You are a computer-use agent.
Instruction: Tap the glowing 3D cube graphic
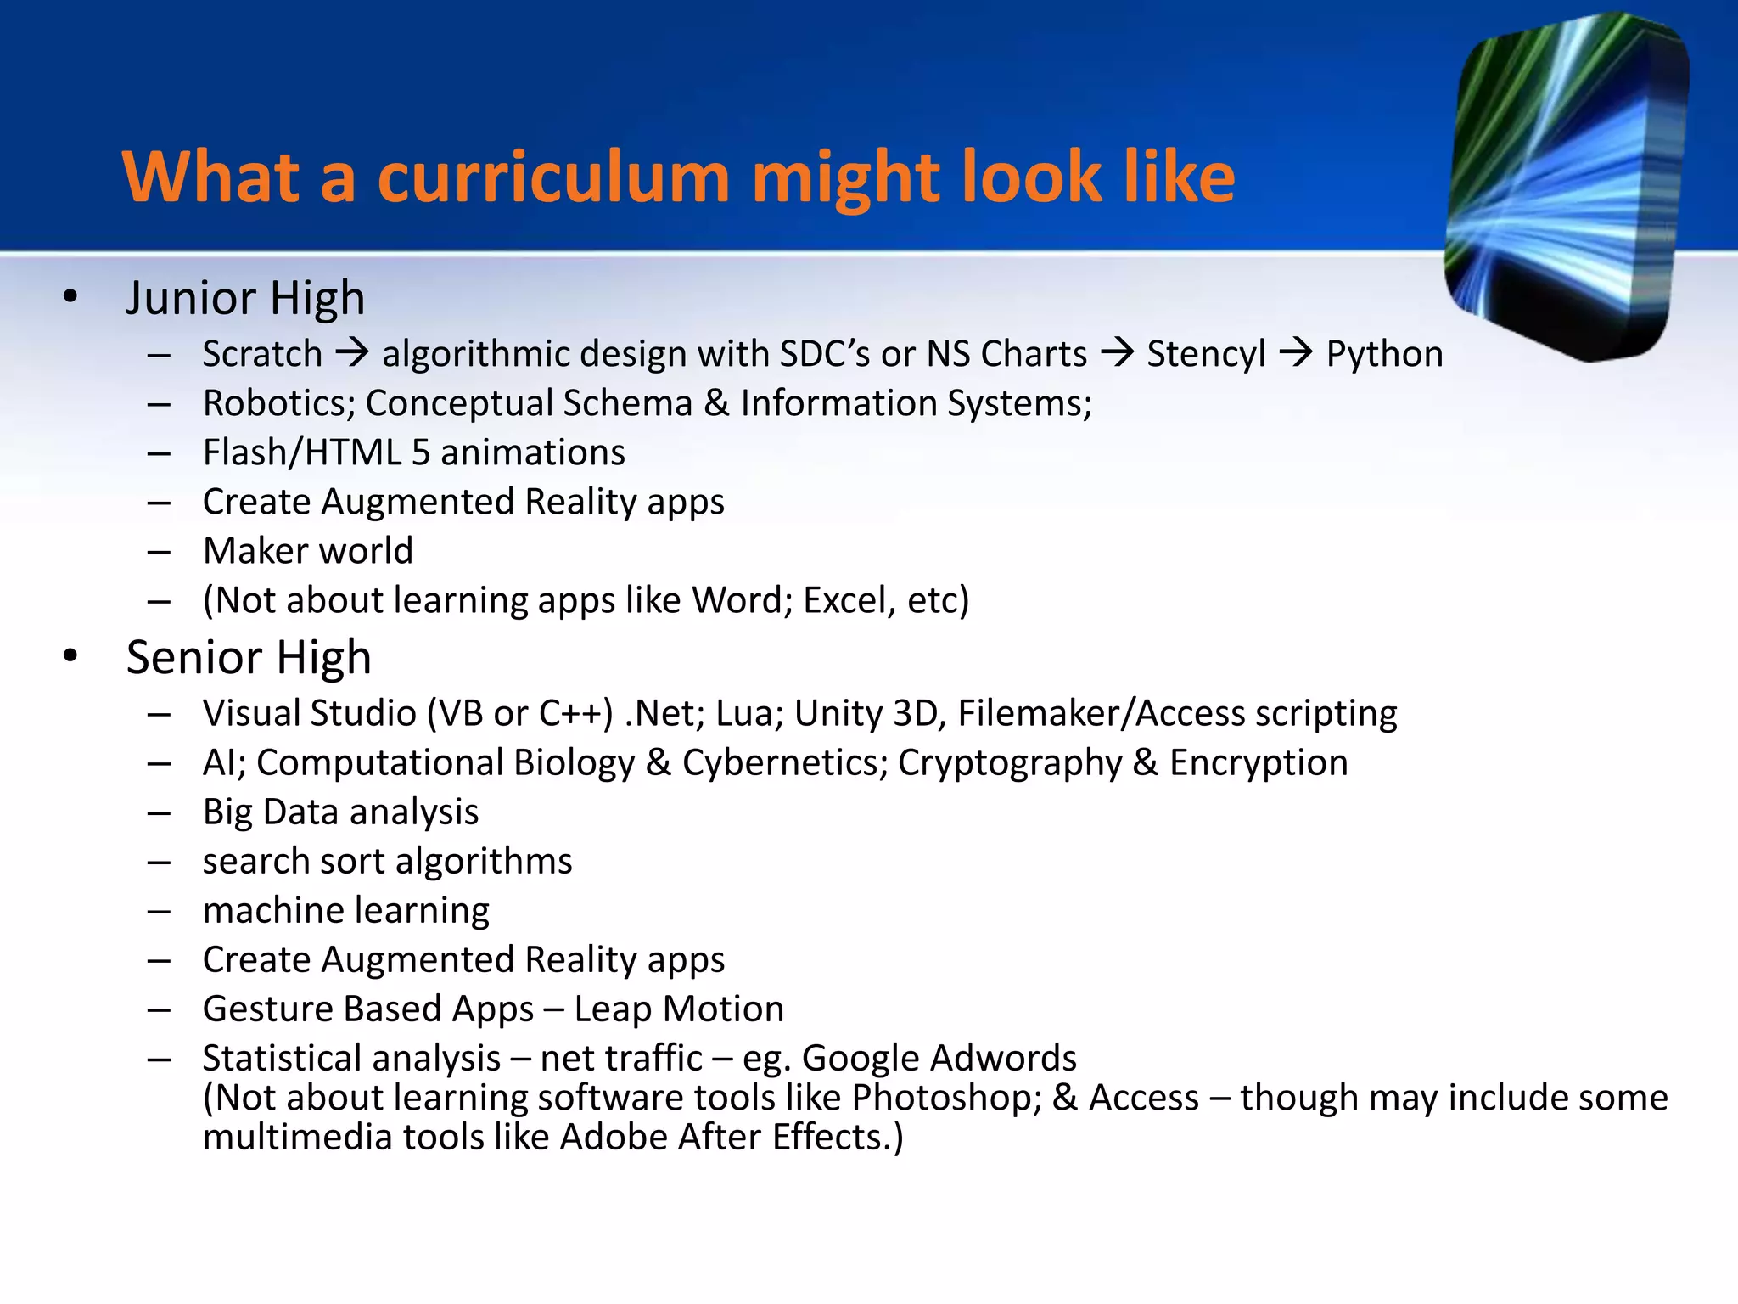click(x=1566, y=187)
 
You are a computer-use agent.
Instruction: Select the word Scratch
click(x=262, y=353)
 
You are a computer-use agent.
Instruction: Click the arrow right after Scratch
click(x=352, y=351)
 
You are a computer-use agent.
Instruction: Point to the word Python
click(x=1384, y=353)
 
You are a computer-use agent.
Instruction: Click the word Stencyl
click(x=1206, y=353)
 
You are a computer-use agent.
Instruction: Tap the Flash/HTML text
click(x=301, y=452)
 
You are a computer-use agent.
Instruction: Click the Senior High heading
click(x=249, y=657)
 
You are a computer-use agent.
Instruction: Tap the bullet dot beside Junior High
click(x=70, y=296)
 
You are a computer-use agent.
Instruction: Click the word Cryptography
click(x=1010, y=762)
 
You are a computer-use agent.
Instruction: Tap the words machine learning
click(x=346, y=910)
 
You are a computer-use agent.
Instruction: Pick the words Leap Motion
click(x=679, y=1009)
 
